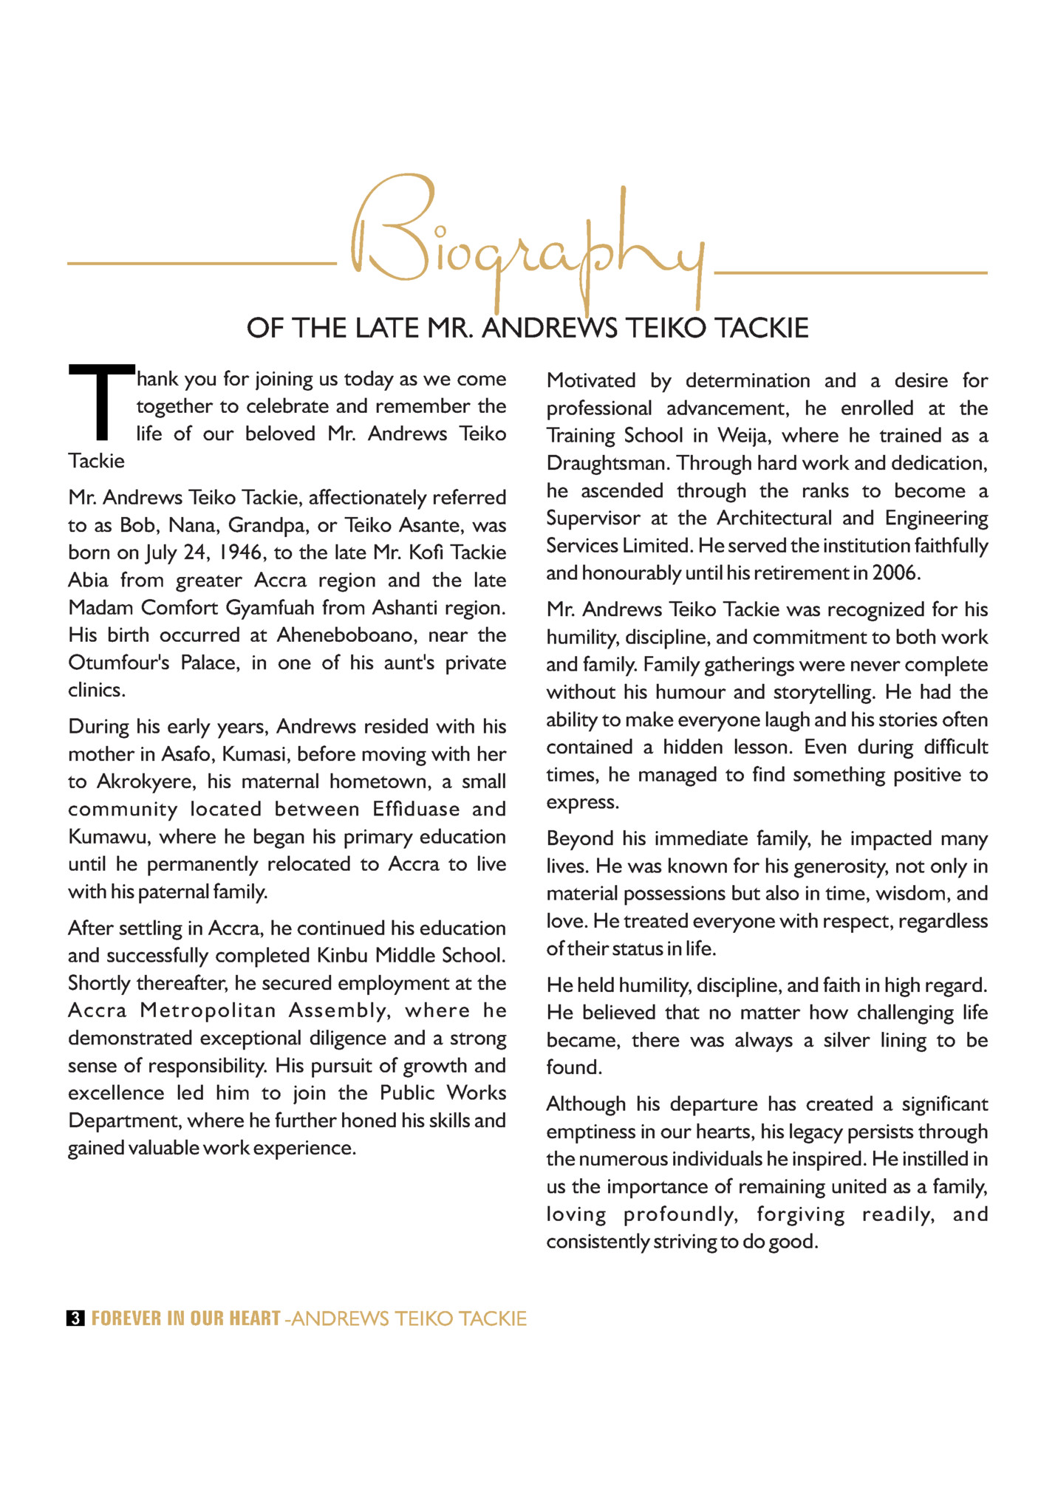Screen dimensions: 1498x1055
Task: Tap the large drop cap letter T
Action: coord(101,401)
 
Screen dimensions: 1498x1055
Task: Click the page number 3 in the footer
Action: coord(75,1319)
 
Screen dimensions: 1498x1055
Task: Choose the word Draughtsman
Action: coord(607,464)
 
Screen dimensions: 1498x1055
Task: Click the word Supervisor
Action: coord(593,519)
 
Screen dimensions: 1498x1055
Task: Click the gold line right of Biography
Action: coord(850,273)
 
